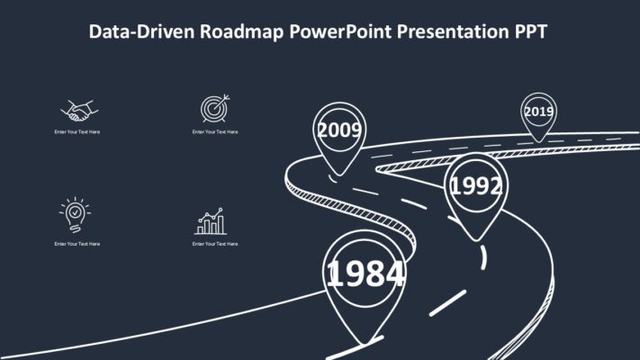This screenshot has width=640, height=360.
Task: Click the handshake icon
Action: click(x=77, y=112)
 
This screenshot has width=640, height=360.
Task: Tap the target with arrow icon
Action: click(x=214, y=109)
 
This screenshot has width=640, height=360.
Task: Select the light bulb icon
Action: click(x=76, y=213)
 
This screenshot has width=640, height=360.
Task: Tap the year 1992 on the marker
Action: click(x=476, y=186)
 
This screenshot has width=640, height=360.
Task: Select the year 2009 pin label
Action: click(x=339, y=130)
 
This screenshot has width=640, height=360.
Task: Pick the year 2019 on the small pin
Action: click(x=538, y=112)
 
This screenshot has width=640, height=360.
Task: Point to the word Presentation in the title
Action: click(x=455, y=32)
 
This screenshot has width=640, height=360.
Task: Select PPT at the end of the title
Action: click(x=530, y=32)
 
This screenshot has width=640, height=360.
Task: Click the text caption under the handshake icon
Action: click(x=77, y=132)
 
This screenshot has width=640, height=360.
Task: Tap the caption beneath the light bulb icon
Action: click(x=77, y=244)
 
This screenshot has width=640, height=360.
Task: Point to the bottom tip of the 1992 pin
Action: click(x=477, y=240)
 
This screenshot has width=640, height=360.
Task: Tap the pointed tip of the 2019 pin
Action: click(x=538, y=141)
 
